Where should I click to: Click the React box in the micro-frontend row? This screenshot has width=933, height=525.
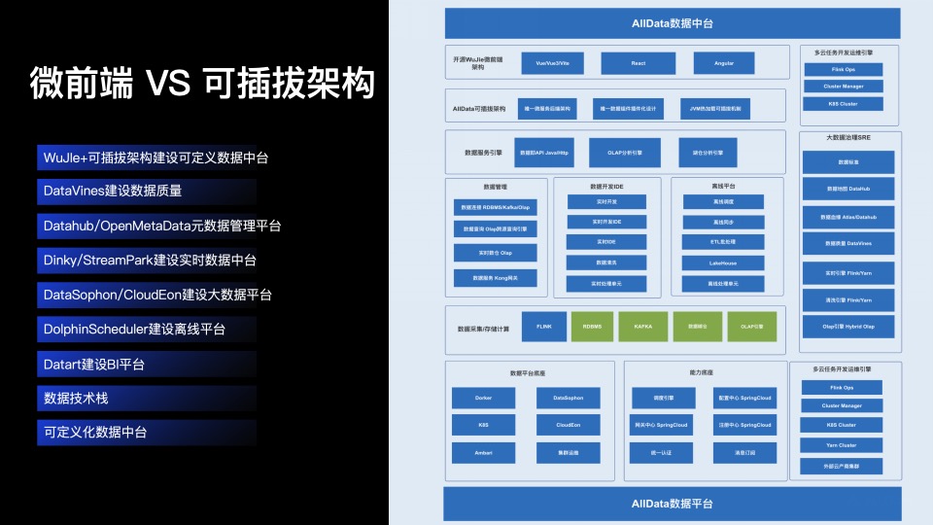coord(638,63)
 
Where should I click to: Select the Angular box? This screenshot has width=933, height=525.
coord(723,63)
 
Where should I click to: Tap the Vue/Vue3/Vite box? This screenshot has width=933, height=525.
coord(552,63)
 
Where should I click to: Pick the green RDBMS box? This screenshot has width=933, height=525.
coord(592,327)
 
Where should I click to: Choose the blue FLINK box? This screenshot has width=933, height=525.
coord(543,327)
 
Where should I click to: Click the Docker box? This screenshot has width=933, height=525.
coord(483,399)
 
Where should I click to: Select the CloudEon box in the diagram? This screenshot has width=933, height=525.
coord(568,425)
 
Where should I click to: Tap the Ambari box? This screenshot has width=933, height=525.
coord(483,452)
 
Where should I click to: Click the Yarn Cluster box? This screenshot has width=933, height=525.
coord(842,445)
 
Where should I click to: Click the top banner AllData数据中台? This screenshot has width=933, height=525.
coord(672,23)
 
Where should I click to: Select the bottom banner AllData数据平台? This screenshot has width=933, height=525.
coord(672,504)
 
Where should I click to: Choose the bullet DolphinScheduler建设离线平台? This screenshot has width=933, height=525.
coord(135,330)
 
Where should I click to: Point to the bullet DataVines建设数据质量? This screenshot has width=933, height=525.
coord(113,192)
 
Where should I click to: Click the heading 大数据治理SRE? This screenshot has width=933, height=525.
coord(847,138)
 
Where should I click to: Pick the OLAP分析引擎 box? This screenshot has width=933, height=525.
coord(626,153)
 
